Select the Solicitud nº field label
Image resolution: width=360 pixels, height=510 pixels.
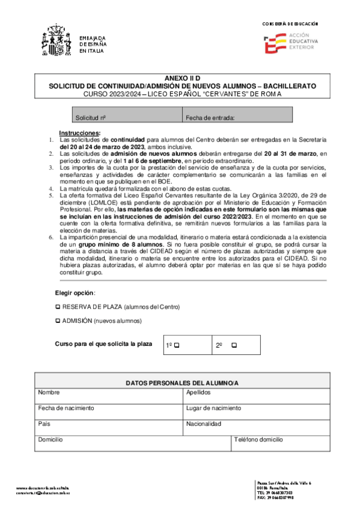(91, 118)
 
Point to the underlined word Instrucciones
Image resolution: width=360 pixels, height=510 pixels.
(79, 132)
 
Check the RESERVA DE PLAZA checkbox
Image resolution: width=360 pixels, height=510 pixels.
(58, 307)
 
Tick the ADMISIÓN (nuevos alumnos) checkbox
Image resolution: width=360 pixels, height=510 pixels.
(58, 321)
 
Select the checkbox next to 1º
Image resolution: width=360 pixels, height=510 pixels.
(177, 345)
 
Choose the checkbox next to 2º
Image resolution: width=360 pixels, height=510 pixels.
(234, 345)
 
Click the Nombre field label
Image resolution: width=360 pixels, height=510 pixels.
(49, 392)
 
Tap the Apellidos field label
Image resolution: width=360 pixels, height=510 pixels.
(199, 392)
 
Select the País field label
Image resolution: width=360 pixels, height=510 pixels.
(44, 423)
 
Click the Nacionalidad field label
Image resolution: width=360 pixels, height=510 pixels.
(204, 423)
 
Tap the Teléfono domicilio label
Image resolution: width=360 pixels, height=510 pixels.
(258, 440)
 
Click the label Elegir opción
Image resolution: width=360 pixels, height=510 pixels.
(75, 293)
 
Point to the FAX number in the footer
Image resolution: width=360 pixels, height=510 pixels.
(275, 498)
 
